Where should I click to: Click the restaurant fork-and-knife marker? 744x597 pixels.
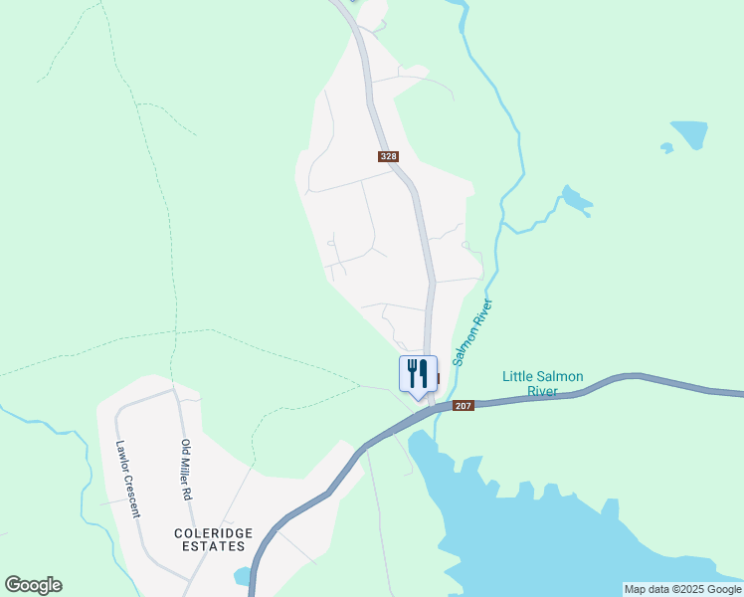[418, 374]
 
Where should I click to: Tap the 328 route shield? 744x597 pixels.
[389, 156]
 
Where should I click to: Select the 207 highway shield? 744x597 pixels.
[464, 406]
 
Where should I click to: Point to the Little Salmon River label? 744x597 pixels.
[542, 383]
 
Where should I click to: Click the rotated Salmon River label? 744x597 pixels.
[473, 332]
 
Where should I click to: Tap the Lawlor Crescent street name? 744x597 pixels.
[127, 480]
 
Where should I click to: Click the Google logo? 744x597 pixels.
[33, 585]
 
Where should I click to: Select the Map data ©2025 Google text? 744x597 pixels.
[682, 589]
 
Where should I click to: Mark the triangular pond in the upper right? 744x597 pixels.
[688, 133]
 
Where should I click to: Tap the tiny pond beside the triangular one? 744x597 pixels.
[666, 148]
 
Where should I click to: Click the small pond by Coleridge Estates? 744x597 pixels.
[242, 576]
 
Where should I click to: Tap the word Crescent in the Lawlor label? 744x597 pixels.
[132, 496]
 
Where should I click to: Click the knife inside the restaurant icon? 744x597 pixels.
[424, 373]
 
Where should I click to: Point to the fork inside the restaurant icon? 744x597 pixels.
[412, 373]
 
